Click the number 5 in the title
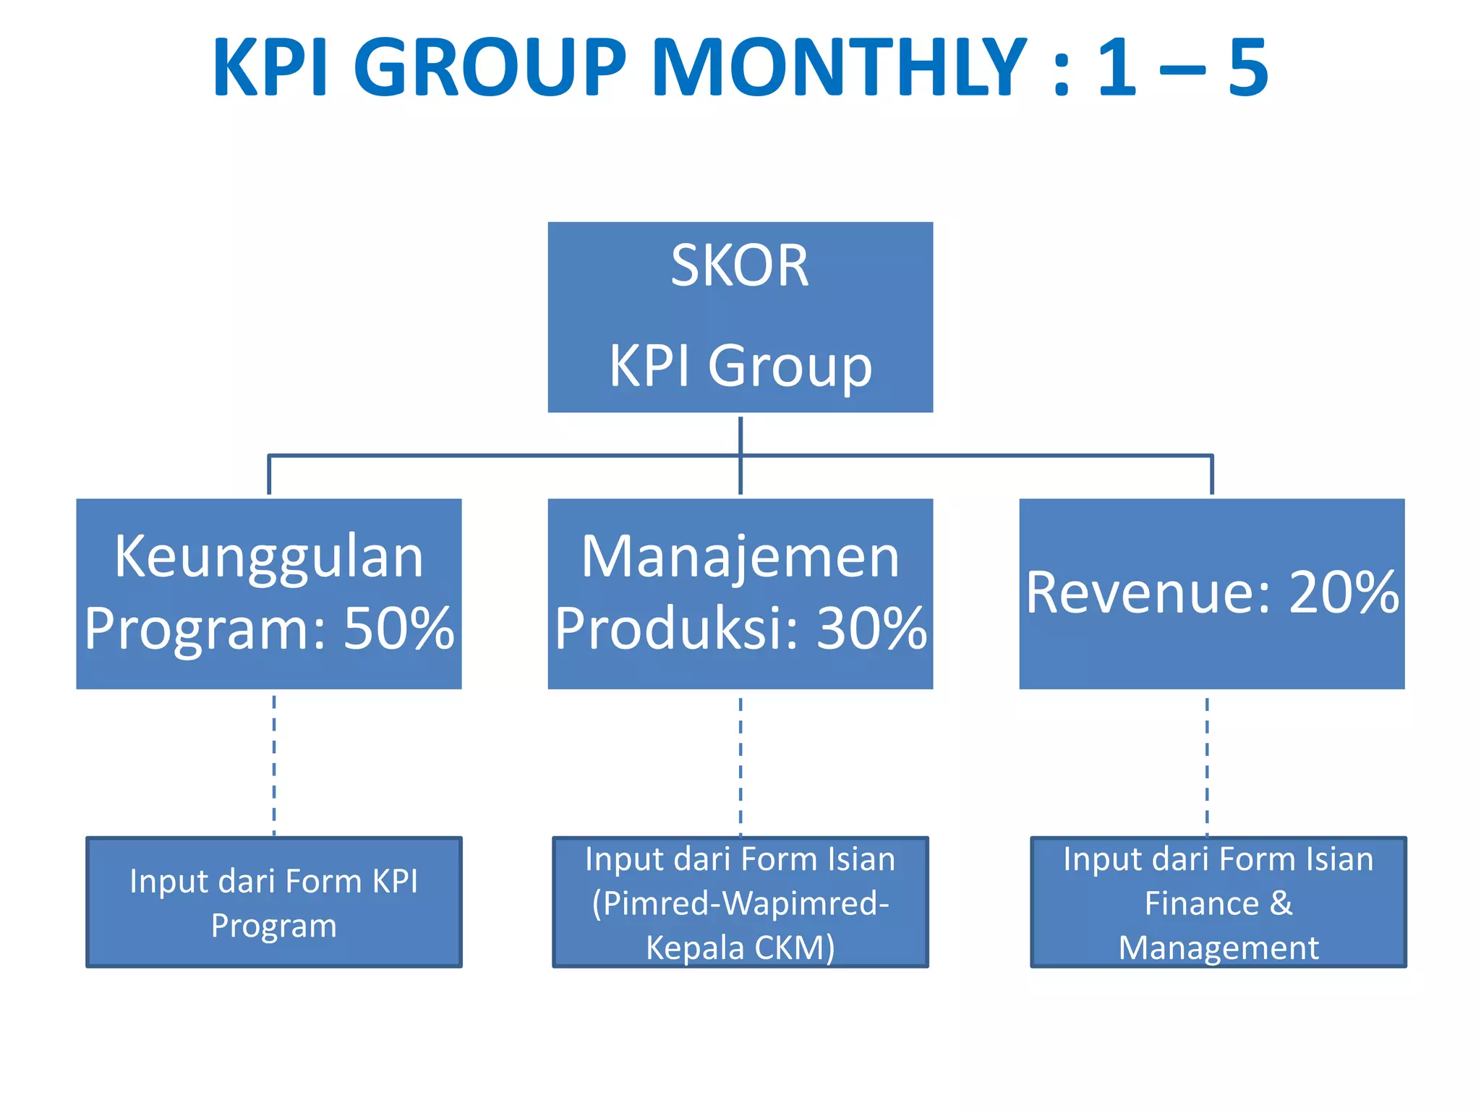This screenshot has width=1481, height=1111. (x=1248, y=69)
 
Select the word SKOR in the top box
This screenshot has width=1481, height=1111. (x=740, y=266)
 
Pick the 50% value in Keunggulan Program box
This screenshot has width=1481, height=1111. (x=398, y=628)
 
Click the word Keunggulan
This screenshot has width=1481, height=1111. (x=269, y=557)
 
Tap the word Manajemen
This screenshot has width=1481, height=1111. (x=740, y=557)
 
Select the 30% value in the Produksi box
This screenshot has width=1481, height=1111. (x=871, y=628)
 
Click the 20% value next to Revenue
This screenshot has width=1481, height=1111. (x=1344, y=592)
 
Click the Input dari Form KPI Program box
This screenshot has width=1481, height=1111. (x=274, y=902)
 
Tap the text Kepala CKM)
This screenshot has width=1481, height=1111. (x=740, y=948)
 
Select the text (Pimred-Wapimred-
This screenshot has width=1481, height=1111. (x=740, y=903)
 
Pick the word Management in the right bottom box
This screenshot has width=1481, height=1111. (x=1218, y=948)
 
